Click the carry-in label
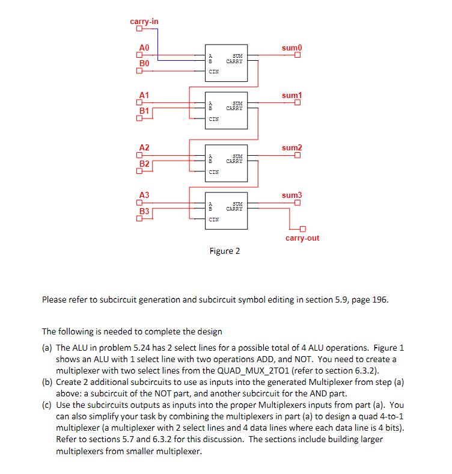pyautogui.click(x=144, y=22)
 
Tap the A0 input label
pyautogui.click(x=144, y=48)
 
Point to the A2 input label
pyautogui.click(x=144, y=148)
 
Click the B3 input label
pyautogui.click(x=144, y=211)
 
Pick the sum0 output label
pyautogui.click(x=292, y=48)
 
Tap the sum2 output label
pyautogui.click(x=292, y=148)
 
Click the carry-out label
pyautogui.click(x=302, y=238)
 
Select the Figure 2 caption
pyautogui.click(x=225, y=251)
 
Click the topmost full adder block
pyautogui.click(x=226, y=62)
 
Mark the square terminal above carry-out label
pyautogui.click(x=303, y=229)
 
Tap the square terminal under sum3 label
pyautogui.click(x=297, y=203)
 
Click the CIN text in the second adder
pyautogui.click(x=213, y=119)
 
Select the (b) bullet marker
pyautogui.click(x=47, y=381)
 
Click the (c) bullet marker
pyautogui.click(x=47, y=405)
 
